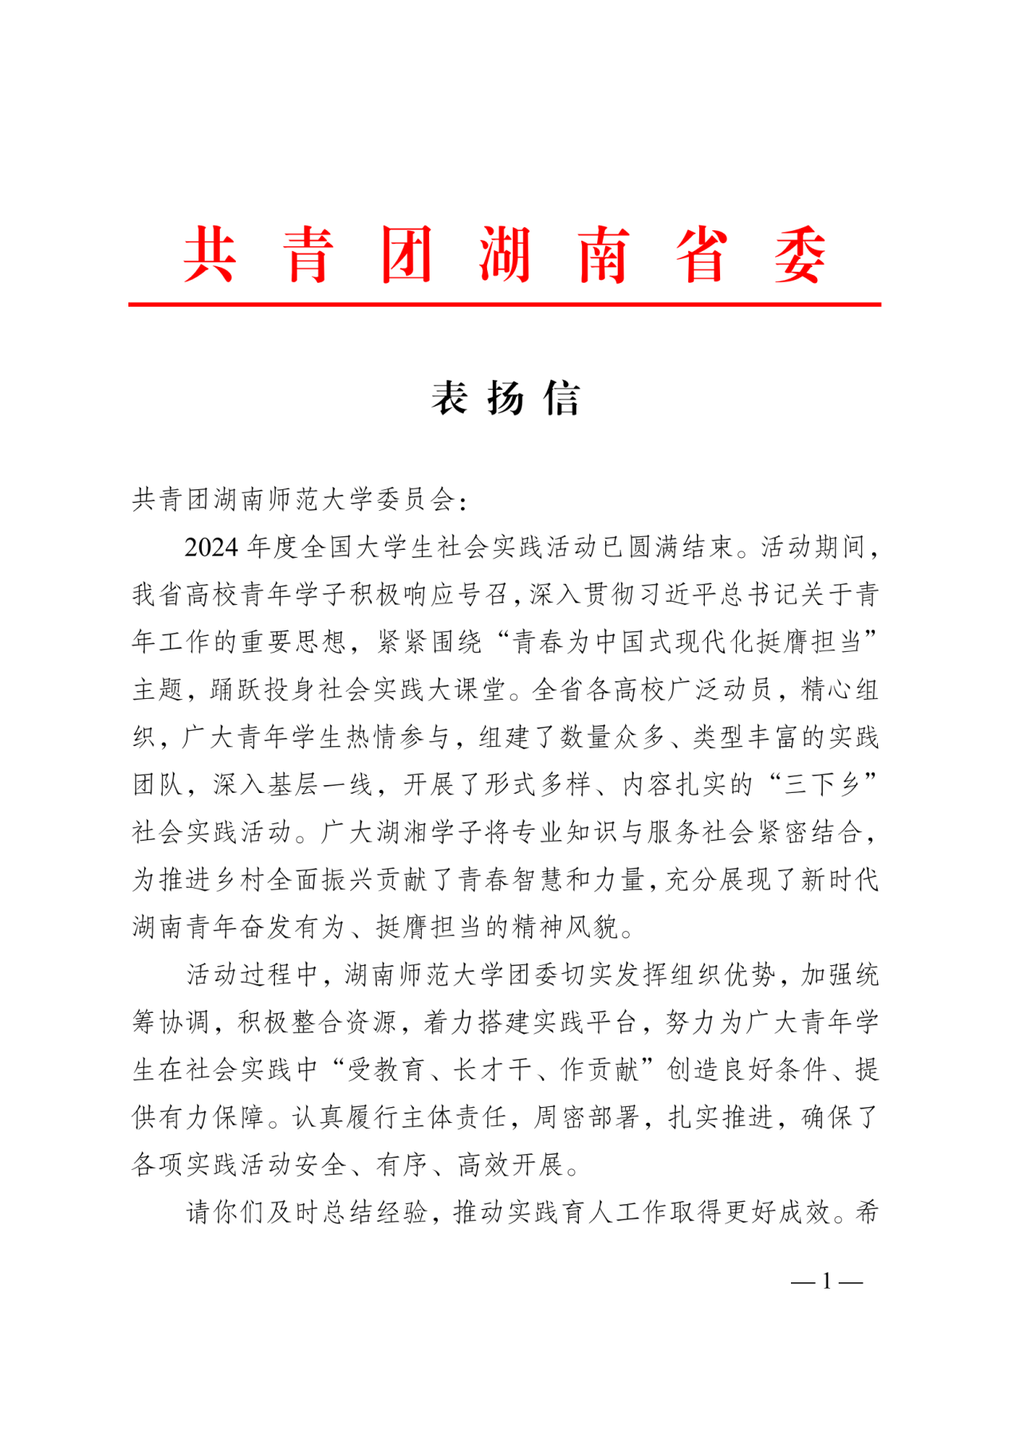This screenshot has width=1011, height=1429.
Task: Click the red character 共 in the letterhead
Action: click(210, 255)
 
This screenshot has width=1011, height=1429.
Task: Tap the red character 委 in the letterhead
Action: click(800, 255)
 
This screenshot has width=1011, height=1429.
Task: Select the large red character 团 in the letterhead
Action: click(407, 255)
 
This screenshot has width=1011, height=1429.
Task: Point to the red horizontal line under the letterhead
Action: click(504, 304)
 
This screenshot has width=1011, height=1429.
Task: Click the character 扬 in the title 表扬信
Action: click(505, 398)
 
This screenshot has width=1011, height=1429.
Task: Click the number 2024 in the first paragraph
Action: click(211, 548)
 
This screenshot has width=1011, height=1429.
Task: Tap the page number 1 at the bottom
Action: click(827, 1282)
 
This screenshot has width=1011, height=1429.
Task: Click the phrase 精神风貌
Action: click(566, 927)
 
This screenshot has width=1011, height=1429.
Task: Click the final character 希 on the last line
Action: click(867, 1212)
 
